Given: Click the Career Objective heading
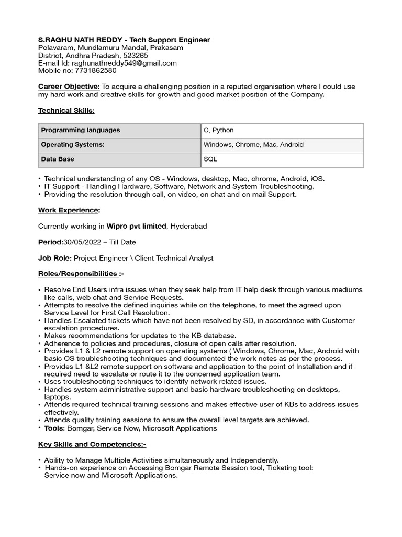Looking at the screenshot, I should [69, 87].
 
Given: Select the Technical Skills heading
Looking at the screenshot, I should [66, 110].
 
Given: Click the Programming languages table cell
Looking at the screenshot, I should [81, 130].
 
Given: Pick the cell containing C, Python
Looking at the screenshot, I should [219, 130].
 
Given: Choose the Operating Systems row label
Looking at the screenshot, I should [73, 144].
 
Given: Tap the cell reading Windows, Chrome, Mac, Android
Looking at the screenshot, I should [253, 144].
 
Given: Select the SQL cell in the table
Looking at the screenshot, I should [210, 159].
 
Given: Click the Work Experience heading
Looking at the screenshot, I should [68, 210].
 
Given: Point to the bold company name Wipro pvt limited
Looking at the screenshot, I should [137, 226].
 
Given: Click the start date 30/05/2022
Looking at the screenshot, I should [83, 242].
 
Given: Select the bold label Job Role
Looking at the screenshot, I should [55, 258].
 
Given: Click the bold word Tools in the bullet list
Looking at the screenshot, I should [54, 428].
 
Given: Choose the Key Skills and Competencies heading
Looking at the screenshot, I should [92, 444].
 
